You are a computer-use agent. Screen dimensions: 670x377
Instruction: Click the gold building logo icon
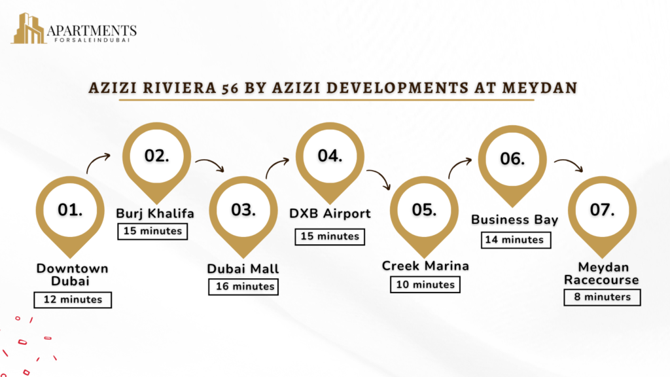click(29, 29)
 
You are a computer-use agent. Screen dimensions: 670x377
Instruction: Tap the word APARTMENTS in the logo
click(92, 31)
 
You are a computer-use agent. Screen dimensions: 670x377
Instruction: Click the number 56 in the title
click(230, 88)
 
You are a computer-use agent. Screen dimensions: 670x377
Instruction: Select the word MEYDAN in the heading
click(540, 88)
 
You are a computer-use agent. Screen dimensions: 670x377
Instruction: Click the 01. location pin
click(70, 217)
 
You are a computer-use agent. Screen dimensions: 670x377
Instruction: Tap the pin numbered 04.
click(330, 163)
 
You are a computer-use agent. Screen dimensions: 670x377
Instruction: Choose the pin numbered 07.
click(602, 217)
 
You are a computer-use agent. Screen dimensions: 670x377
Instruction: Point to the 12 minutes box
click(73, 300)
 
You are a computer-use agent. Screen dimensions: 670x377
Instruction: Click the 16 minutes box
click(243, 287)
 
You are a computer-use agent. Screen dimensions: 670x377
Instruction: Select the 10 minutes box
click(425, 285)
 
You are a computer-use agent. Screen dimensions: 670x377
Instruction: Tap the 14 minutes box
click(516, 240)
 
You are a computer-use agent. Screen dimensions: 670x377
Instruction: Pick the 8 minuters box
click(602, 297)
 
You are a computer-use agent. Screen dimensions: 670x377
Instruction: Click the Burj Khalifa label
click(155, 213)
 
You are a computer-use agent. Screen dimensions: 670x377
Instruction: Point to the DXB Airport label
click(330, 213)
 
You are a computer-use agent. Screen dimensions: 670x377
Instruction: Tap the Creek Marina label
click(425, 266)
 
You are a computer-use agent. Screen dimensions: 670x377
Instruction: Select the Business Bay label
click(514, 220)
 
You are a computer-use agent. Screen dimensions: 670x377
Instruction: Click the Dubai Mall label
click(243, 269)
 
